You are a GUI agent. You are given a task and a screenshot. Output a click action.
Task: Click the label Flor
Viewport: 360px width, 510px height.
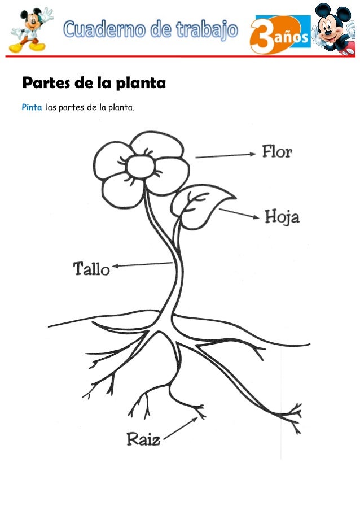tap(276, 152)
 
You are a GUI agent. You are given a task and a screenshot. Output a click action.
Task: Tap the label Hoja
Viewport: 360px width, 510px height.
tap(282, 216)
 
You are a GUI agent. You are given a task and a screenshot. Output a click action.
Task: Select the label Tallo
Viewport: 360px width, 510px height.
tap(91, 269)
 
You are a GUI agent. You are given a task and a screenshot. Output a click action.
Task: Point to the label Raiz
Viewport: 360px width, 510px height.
tap(143, 439)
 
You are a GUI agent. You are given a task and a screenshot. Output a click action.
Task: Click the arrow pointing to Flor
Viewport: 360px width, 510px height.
tap(226, 155)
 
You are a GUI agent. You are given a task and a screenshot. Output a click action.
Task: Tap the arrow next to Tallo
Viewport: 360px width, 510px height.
tap(142, 265)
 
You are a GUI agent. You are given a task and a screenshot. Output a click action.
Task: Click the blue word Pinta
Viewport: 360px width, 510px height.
tap(32, 107)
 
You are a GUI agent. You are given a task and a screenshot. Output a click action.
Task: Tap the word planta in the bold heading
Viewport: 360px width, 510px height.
tap(141, 84)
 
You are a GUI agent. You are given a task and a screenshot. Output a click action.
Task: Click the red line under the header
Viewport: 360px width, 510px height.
tap(180, 56)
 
